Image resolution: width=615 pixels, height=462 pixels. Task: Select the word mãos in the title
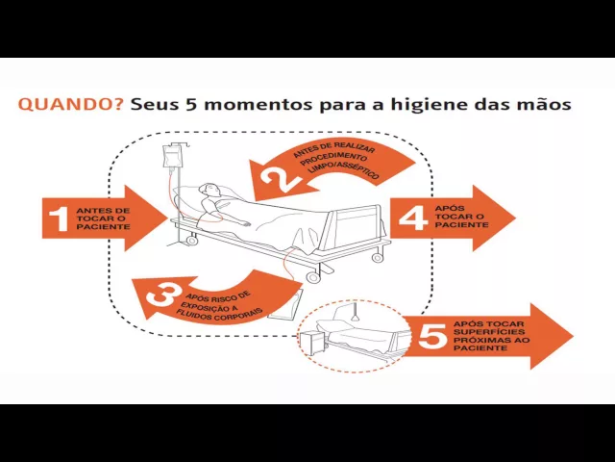click(x=544, y=102)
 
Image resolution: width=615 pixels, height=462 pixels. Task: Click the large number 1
click(x=58, y=218)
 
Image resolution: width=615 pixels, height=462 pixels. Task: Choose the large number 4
click(x=413, y=218)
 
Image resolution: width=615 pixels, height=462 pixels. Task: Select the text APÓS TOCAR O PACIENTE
click(x=461, y=217)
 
